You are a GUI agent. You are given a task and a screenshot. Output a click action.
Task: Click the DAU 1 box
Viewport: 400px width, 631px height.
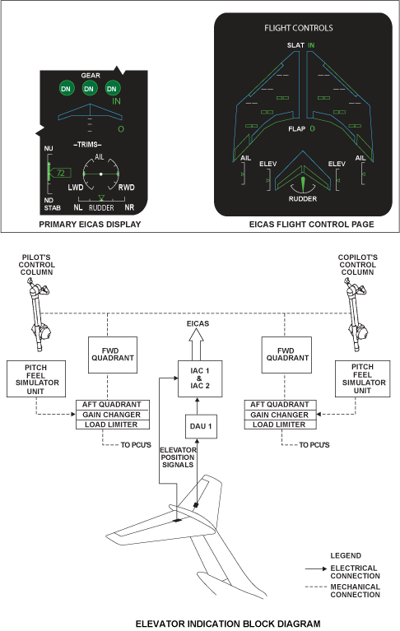click(x=201, y=426)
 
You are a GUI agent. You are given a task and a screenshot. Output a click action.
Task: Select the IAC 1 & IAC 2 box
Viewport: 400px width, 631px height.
click(x=200, y=378)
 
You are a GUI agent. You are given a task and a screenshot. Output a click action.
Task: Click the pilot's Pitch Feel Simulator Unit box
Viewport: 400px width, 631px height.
click(x=36, y=378)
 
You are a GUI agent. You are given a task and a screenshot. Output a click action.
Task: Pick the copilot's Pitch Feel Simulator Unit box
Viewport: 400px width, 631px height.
click(x=363, y=378)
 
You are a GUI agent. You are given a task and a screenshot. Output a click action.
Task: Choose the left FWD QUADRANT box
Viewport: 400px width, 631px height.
click(x=113, y=355)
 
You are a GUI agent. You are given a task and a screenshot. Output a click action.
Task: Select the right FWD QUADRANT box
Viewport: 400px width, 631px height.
click(x=286, y=355)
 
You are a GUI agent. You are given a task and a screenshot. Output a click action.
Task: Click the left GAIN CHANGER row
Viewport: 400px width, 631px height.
click(x=113, y=415)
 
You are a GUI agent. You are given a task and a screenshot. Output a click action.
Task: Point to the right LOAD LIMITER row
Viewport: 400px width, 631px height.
click(x=280, y=425)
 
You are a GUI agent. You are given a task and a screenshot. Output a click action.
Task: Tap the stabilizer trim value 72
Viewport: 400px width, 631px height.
click(x=60, y=173)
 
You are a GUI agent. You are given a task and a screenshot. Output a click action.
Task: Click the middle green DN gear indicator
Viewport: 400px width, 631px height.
click(x=89, y=89)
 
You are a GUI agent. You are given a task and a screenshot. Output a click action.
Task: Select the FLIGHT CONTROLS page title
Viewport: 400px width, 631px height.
click(x=299, y=28)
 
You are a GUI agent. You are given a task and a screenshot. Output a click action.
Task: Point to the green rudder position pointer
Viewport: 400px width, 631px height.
click(x=303, y=183)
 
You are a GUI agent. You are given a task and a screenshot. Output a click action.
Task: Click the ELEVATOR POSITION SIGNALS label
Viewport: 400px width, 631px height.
click(x=178, y=457)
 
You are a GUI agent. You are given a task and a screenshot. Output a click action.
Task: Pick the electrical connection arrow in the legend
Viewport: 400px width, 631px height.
click(x=316, y=568)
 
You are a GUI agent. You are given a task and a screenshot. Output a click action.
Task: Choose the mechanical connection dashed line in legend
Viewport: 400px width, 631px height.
click(x=316, y=587)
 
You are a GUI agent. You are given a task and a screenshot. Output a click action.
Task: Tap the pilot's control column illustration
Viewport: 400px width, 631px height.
click(x=40, y=316)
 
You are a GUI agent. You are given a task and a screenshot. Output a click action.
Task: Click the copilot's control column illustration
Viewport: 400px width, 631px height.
click(x=356, y=316)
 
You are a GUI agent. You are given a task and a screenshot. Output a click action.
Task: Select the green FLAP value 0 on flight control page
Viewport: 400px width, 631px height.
click(x=312, y=129)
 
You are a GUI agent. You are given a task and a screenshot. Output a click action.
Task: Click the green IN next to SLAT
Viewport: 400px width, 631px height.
click(x=311, y=45)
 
